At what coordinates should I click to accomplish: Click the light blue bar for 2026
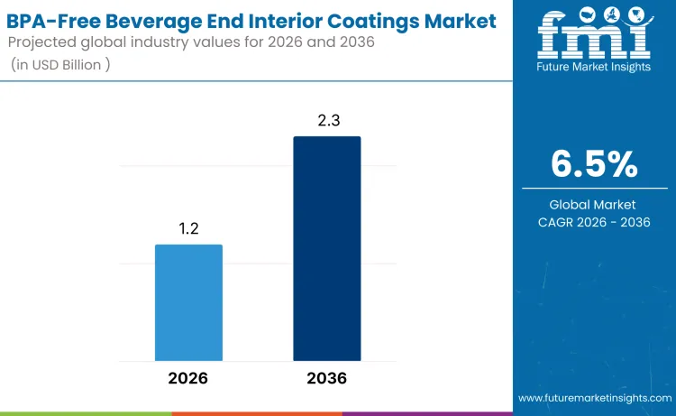(x=188, y=302)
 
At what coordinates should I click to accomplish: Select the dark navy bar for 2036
(x=326, y=248)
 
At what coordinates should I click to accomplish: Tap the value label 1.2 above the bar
(x=188, y=230)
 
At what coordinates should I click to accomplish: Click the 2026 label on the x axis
(x=188, y=378)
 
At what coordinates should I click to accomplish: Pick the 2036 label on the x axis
(x=326, y=378)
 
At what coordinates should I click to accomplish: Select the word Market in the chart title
(x=457, y=20)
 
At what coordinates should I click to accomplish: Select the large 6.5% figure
(x=594, y=164)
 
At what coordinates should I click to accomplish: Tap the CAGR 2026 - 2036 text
(x=594, y=222)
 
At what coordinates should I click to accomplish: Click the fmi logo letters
(x=594, y=36)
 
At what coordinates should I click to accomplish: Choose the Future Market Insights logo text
(x=594, y=69)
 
